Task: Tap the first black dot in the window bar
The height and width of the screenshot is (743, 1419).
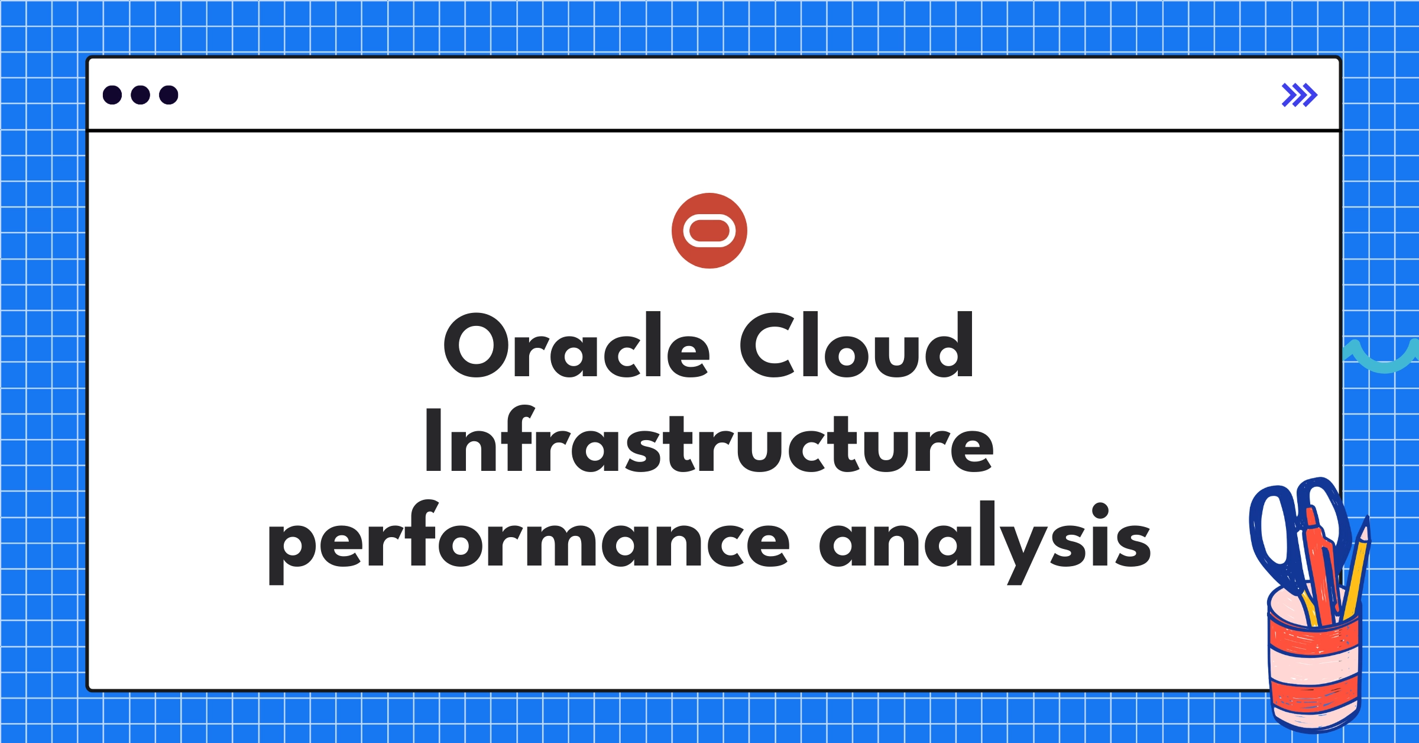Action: tap(112, 95)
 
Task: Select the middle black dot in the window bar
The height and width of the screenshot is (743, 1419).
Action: tap(140, 95)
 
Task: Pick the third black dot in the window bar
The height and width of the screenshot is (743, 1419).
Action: tap(169, 95)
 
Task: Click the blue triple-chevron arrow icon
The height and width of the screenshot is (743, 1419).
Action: tap(1299, 95)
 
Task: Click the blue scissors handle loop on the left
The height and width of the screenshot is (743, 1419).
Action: tap(1271, 532)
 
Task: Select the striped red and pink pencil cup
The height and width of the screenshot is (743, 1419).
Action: tap(1314, 668)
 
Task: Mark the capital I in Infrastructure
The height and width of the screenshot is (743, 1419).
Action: tap(433, 441)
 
